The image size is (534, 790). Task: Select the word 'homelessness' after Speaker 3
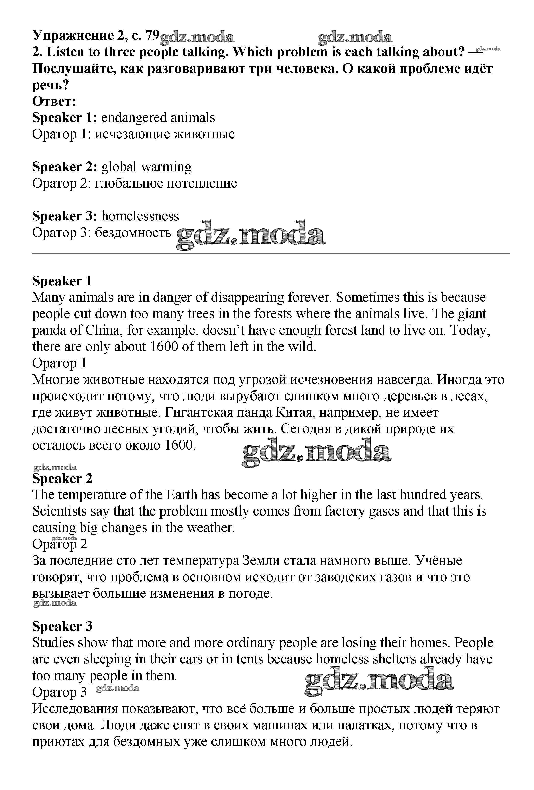click(140, 216)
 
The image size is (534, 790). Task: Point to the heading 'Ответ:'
click(54, 101)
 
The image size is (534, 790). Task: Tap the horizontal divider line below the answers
click(271, 253)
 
